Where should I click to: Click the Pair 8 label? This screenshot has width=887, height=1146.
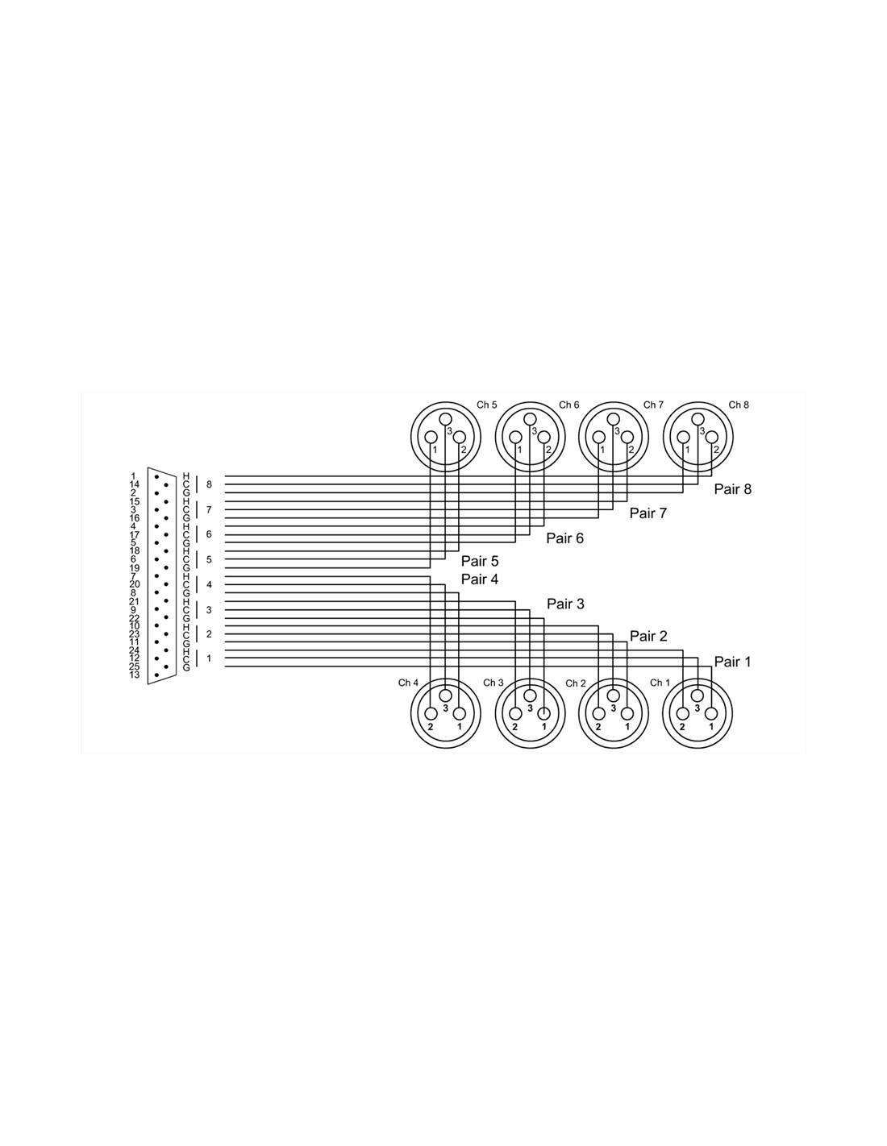click(x=732, y=489)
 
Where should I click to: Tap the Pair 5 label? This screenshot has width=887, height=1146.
click(x=480, y=561)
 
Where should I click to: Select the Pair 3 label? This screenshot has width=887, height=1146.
click(x=565, y=604)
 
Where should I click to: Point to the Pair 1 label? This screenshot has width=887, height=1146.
click(x=732, y=662)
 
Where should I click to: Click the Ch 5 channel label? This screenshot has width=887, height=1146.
click(x=486, y=405)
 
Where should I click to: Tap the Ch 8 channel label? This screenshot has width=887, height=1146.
click(x=739, y=405)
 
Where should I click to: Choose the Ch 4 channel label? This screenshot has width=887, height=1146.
click(x=408, y=683)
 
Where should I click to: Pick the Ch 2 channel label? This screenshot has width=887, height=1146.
click(x=576, y=683)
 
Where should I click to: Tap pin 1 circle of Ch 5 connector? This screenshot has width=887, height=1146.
click(x=431, y=437)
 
